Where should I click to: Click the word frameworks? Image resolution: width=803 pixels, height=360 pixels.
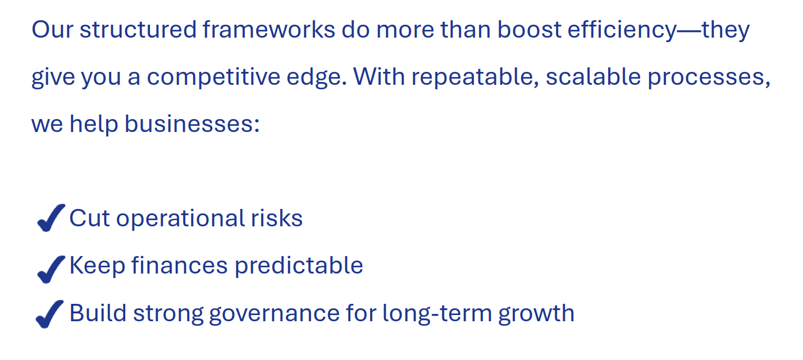point(269,29)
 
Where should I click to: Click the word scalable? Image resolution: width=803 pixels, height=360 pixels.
point(594,77)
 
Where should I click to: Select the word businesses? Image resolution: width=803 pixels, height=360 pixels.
point(192,124)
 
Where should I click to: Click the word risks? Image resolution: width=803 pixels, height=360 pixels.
point(277,218)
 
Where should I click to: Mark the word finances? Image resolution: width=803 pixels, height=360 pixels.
point(179,265)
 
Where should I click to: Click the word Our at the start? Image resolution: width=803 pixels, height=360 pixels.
point(52,29)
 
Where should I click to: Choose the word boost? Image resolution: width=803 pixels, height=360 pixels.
point(529,29)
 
